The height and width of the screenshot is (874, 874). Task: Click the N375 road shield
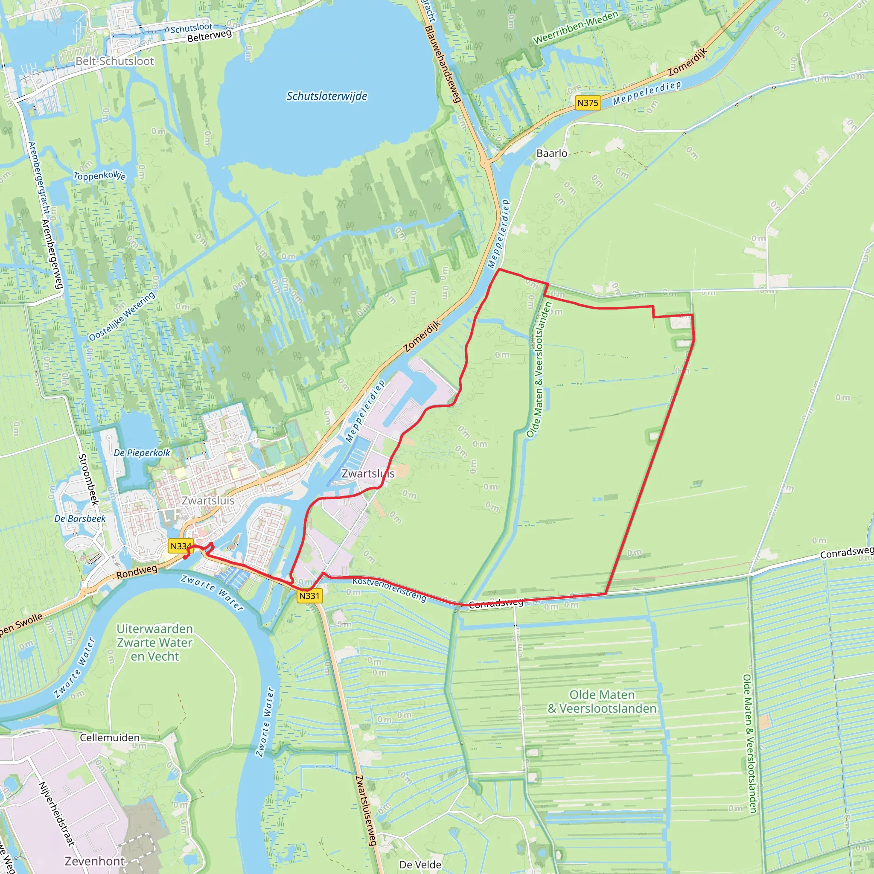[588, 103]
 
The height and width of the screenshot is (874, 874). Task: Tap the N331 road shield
[309, 596]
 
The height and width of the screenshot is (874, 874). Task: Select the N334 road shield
[180, 546]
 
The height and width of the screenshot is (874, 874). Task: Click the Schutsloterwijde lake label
[326, 96]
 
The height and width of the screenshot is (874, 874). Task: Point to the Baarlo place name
[551, 153]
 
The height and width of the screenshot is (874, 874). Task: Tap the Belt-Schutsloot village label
[114, 61]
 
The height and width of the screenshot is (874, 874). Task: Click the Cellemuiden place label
[110, 737]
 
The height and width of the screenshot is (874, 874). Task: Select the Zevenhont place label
[95, 861]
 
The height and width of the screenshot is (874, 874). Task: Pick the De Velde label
[420, 865]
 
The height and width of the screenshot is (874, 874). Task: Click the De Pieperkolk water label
[142, 453]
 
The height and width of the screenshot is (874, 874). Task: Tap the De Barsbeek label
[80, 519]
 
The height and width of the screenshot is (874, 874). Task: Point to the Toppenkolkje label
[99, 175]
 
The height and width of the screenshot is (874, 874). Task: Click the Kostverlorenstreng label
[389, 589]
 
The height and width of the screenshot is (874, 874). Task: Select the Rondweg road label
[137, 571]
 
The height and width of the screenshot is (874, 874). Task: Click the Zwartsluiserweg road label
[366, 810]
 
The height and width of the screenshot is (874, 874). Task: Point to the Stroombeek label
[88, 479]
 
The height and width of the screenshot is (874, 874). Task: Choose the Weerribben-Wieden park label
[575, 28]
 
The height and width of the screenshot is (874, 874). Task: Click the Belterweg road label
[210, 35]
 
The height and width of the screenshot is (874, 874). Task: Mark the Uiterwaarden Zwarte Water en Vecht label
[155, 642]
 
